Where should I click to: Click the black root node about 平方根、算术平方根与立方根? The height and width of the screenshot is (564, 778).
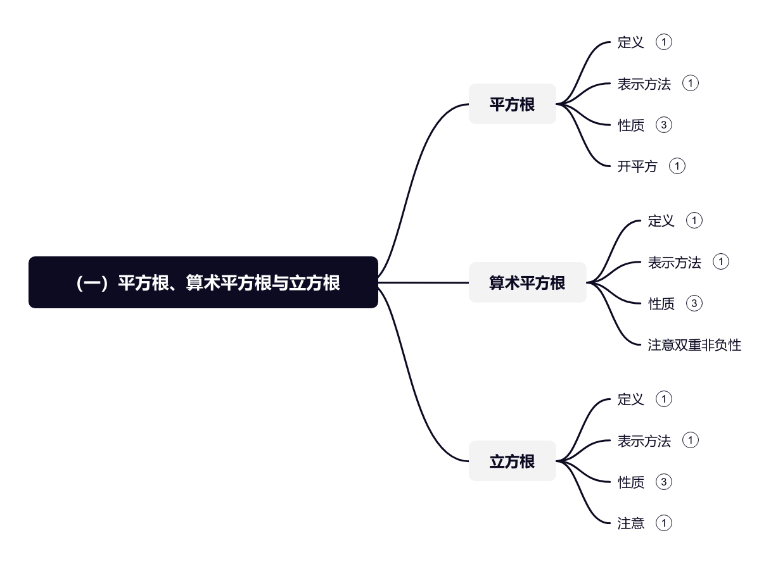[x=203, y=282]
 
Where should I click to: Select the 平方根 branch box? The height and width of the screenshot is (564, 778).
[x=512, y=104]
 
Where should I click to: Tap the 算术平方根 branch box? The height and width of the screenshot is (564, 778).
[x=527, y=282]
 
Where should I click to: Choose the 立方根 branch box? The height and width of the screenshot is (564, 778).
[x=512, y=461]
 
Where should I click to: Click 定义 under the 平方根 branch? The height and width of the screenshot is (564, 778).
[x=630, y=42]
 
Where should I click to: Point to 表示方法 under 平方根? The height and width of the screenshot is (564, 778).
[x=644, y=84]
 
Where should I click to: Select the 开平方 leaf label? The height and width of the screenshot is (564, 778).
[x=637, y=166]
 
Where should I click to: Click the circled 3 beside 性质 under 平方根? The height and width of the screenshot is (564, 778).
[x=663, y=125]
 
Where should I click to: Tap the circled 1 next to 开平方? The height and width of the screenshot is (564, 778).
[x=677, y=166]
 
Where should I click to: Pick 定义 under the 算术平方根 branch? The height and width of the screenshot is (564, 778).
[x=661, y=221]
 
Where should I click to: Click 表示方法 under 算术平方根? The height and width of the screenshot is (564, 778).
[x=674, y=262]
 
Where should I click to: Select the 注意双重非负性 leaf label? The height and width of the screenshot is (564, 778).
[x=694, y=345]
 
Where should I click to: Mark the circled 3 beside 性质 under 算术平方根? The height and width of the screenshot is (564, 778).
[x=694, y=303]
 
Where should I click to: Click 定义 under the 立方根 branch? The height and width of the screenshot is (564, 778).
[x=630, y=399]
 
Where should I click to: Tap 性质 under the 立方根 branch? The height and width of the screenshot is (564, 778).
[x=630, y=482]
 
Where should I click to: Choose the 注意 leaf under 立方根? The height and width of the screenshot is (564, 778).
[x=630, y=523]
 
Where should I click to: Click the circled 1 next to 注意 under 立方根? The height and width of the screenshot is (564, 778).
[x=663, y=523]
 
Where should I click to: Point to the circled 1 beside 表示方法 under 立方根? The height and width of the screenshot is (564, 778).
[x=691, y=441]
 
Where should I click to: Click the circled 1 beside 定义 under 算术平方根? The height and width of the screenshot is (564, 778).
[x=694, y=221]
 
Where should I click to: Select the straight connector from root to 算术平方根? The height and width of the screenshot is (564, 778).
[x=423, y=282]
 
